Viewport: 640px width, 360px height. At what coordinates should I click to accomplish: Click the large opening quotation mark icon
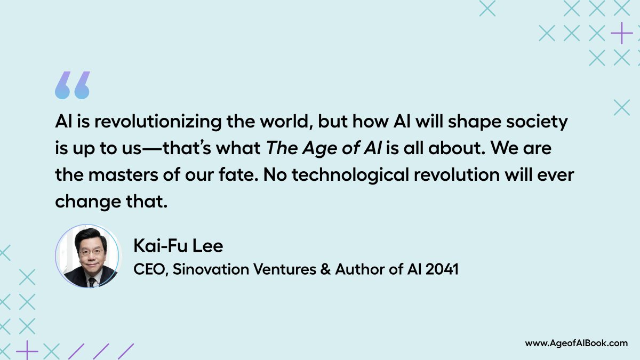tap(72, 85)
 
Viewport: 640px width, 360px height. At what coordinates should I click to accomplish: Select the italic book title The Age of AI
tap(323, 149)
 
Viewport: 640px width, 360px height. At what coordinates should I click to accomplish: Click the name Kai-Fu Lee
tap(178, 247)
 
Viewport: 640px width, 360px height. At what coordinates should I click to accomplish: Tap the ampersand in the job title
tap(325, 270)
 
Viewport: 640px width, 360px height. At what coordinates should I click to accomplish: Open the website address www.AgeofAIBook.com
tap(576, 343)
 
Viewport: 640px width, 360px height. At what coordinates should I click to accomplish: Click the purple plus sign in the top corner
tap(621, 34)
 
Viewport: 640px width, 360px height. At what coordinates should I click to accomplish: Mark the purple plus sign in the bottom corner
tap(27, 351)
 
